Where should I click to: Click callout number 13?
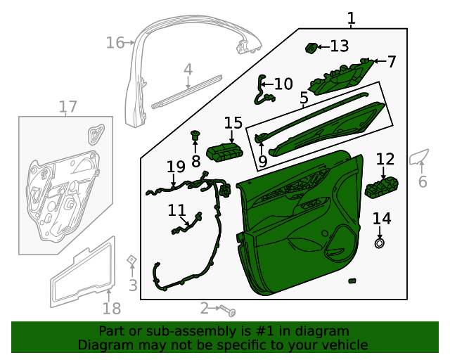[x=339, y=46]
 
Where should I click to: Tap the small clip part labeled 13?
[x=311, y=48]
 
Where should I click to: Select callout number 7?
[x=392, y=62]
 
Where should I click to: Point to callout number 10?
[x=283, y=84]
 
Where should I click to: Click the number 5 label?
[x=304, y=98]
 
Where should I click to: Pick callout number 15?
[x=233, y=123]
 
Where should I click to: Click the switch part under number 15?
[x=226, y=151]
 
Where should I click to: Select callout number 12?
[x=385, y=160]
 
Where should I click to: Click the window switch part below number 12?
[x=382, y=188]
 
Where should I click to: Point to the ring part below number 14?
[x=380, y=243]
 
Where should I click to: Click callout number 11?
[x=176, y=210]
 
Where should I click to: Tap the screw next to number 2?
[x=228, y=310]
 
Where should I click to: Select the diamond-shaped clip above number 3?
[x=131, y=259]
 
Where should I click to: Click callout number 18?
[x=112, y=308]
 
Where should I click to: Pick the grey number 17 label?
[x=67, y=107]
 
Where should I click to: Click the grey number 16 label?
[x=115, y=43]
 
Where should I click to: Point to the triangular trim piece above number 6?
[x=420, y=157]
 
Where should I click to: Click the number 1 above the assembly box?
[x=351, y=18]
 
